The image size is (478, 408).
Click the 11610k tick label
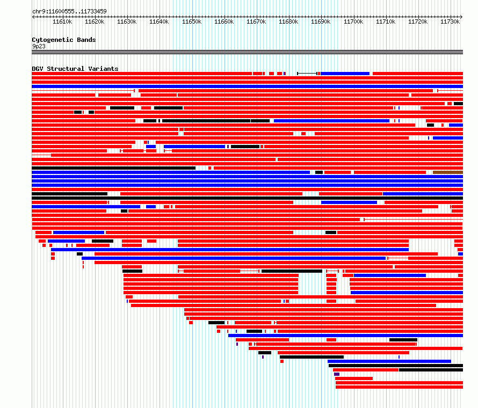click(62, 22)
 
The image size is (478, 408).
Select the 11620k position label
click(95, 22)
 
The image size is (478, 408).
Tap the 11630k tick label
click(127, 22)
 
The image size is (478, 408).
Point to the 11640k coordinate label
click(159, 22)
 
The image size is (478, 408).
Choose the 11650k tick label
click(191, 22)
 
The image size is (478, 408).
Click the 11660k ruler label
click(224, 22)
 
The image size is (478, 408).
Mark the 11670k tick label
click(256, 22)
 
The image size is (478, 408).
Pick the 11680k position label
click(288, 22)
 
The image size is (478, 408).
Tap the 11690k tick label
click(321, 22)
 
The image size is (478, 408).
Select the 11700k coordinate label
click(353, 22)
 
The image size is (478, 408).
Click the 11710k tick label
click(386, 22)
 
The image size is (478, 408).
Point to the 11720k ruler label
click(418, 22)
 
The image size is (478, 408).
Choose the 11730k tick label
click(450, 22)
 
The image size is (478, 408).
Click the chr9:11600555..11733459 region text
click(69, 11)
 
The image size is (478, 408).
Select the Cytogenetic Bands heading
click(64, 40)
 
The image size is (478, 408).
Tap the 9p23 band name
click(39, 46)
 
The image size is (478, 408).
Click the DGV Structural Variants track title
click(75, 69)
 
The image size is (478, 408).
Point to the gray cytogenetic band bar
click(247, 52)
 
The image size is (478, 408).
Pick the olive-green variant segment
click(447, 172)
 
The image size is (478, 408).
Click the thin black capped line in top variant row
click(307, 73)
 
